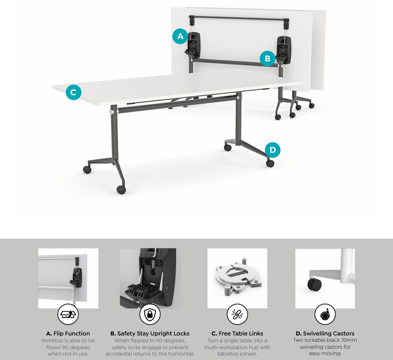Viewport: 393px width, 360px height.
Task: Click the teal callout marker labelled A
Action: (180, 36)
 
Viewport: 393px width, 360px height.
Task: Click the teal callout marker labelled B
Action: (267, 58)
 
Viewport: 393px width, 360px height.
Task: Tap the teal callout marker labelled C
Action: (73, 92)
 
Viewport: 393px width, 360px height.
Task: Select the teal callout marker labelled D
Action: (272, 149)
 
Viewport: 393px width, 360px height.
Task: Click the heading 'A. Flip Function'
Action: (68, 333)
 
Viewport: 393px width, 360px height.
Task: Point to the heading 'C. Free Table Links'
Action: (237, 333)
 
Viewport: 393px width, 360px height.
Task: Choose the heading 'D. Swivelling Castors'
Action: (325, 333)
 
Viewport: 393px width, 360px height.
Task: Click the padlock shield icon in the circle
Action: (150, 314)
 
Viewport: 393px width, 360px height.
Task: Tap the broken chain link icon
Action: (237, 314)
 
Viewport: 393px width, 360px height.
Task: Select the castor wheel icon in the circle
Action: (325, 314)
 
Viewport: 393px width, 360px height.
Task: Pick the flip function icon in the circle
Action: (68, 314)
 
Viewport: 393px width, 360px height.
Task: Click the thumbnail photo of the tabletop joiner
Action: (237, 278)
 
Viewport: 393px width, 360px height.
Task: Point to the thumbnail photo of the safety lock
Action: (150, 278)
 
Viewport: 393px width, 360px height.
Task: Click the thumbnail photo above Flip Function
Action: (68, 278)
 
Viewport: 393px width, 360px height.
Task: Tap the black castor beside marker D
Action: (270, 163)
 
